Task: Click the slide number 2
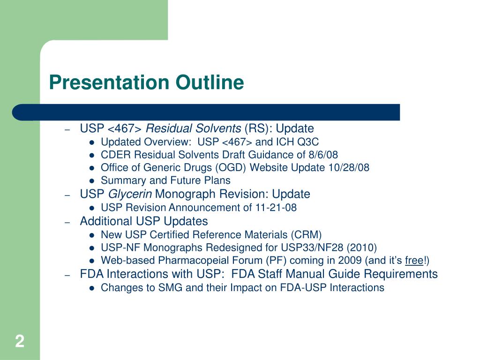[19, 341]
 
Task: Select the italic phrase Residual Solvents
[194, 129]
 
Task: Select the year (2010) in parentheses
[361, 247]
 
